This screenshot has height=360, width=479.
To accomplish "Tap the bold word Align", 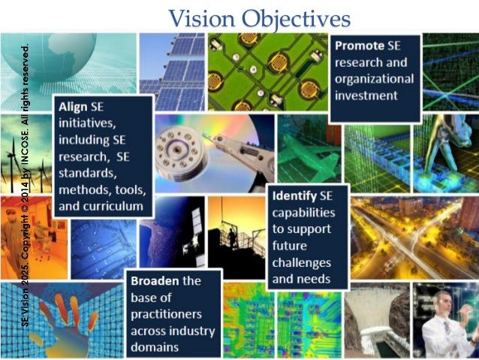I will click(72, 107).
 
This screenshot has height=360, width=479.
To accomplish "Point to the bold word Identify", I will click(299, 196).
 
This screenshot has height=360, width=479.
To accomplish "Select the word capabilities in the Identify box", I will click(304, 213).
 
